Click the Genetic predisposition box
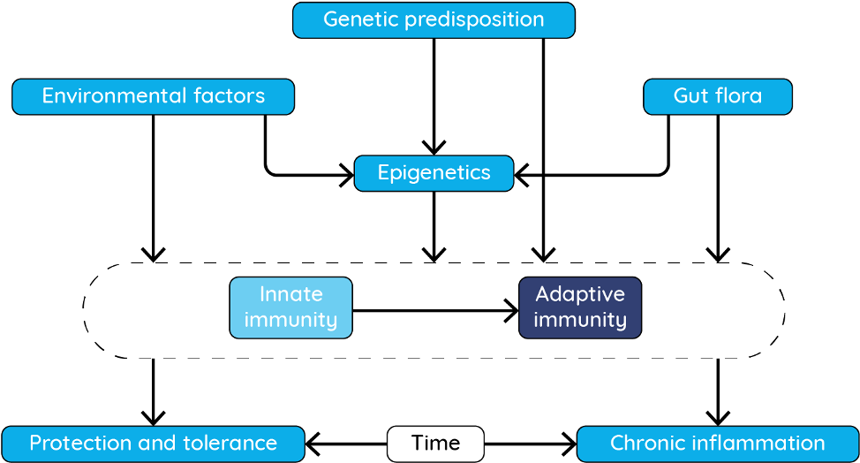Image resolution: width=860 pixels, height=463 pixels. [434, 20]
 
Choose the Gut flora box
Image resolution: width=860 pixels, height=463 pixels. [718, 96]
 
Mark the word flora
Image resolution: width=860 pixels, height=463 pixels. [737, 96]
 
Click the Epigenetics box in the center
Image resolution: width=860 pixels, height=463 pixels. [434, 173]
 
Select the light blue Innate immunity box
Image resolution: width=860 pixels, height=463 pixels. [290, 307]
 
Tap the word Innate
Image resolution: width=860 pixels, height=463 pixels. [290, 294]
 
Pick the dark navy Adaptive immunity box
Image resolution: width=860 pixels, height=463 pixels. [580, 307]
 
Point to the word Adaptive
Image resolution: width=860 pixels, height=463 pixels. [580, 294]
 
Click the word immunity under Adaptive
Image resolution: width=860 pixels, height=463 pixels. [580, 320]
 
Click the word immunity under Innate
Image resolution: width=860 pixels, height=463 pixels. [290, 320]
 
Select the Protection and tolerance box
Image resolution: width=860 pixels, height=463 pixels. [153, 444]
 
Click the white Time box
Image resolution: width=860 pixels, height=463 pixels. [435, 444]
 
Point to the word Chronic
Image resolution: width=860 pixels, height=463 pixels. [645, 444]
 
